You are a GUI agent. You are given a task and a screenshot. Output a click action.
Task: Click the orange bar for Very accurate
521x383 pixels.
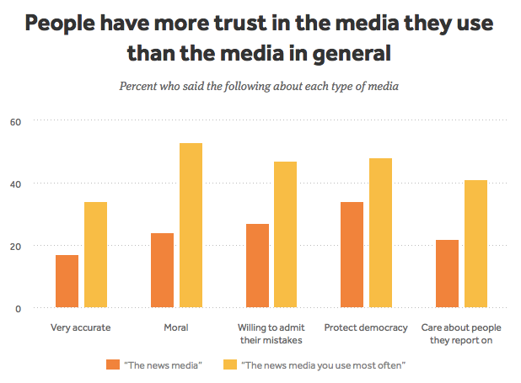[x=67, y=281]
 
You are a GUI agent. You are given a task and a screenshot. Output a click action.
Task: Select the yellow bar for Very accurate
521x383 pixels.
[x=95, y=255]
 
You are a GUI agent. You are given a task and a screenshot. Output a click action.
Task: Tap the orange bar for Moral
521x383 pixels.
[x=162, y=270]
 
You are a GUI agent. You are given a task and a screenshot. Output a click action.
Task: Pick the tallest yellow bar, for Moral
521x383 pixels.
[x=191, y=226]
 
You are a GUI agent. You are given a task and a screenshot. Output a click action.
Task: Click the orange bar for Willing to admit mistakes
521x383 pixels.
[x=257, y=266]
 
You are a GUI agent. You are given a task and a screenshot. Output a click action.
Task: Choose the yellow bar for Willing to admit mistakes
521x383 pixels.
[x=286, y=235]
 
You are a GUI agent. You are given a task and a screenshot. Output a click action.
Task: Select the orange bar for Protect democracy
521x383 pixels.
[x=352, y=255]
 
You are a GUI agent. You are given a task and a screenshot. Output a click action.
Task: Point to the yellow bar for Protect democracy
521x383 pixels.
[x=380, y=233]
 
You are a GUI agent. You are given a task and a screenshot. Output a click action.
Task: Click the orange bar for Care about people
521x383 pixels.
[x=448, y=274]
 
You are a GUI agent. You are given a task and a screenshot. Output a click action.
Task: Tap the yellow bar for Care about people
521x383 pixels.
[x=475, y=244]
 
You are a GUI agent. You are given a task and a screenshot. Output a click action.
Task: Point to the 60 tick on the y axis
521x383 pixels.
[x=16, y=121]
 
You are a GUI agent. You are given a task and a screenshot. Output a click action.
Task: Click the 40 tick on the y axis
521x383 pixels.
[x=16, y=184]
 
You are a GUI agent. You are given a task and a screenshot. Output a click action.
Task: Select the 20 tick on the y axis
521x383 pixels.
[x=16, y=246]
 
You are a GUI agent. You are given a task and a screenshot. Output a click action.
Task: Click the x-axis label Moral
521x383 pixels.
[x=176, y=327]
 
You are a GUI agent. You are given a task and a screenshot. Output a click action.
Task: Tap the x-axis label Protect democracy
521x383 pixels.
[x=366, y=327]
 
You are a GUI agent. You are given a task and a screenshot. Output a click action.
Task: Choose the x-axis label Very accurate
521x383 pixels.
[x=81, y=327]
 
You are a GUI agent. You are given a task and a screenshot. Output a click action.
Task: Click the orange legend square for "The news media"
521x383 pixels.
[x=113, y=364]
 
